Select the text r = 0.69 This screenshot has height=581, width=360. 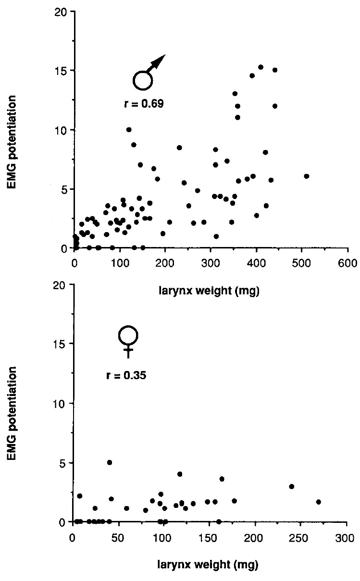pos(144,103)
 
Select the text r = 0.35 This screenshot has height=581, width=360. pos(126,375)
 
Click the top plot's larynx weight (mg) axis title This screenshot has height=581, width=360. pos(210,291)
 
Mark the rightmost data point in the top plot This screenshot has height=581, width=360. pos(306,176)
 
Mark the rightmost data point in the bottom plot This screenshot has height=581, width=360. pos(318,502)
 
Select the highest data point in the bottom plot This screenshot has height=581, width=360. pos(110,462)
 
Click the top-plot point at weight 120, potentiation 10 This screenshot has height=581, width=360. pos(129,130)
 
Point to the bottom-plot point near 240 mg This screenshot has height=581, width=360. pos(291,486)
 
